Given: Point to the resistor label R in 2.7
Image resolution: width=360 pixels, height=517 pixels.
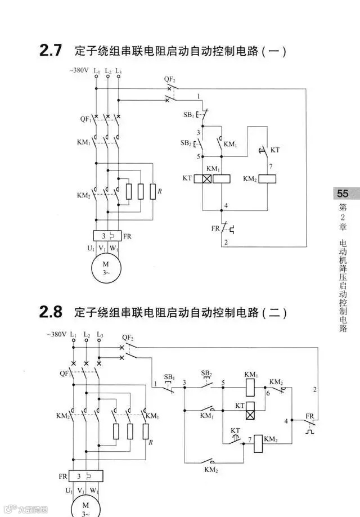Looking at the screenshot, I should point(160,192).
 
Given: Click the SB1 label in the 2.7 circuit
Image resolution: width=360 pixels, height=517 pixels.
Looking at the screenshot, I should point(188,114).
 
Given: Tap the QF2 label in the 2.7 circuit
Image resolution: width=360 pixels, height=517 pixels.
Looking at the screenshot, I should point(169,80).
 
